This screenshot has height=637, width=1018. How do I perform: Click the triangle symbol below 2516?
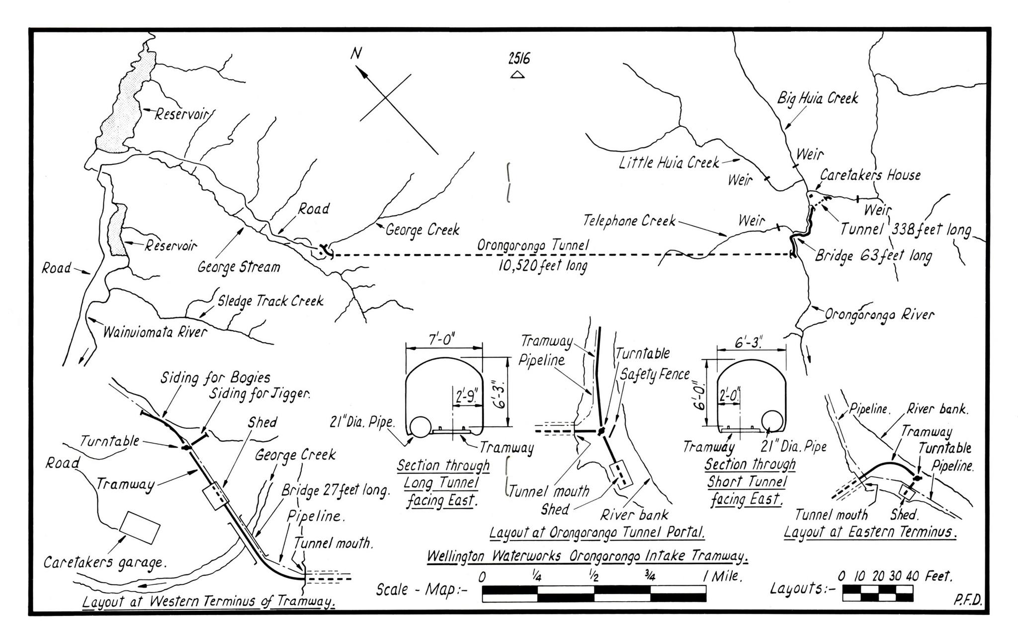pyautogui.click(x=518, y=75)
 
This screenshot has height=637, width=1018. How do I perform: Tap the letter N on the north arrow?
pyautogui.click(x=355, y=53)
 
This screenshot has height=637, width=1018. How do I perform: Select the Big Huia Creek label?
pyautogui.click(x=818, y=98)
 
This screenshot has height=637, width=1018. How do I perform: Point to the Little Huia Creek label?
pyautogui.click(x=669, y=162)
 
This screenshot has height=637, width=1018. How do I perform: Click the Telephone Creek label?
pyautogui.click(x=629, y=220)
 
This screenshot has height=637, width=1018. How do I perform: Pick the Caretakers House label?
pyautogui.click(x=870, y=175)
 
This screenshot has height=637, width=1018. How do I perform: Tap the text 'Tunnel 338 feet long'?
pyautogui.click(x=905, y=230)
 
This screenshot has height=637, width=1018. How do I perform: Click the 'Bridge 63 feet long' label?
pyautogui.click(x=873, y=256)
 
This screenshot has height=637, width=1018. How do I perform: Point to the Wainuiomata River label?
pyautogui.click(x=154, y=332)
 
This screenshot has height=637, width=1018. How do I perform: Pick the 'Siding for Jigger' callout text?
pyautogui.click(x=259, y=395)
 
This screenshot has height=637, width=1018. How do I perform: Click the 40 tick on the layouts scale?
pyautogui.click(x=913, y=577)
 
